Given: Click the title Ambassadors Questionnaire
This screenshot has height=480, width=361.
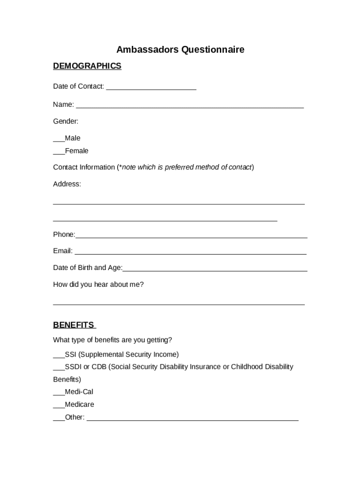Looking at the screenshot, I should pyautogui.click(x=180, y=50).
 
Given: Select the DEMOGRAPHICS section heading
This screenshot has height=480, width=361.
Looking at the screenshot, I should pyautogui.click(x=87, y=66).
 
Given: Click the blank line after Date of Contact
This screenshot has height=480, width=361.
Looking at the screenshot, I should pyautogui.click(x=151, y=87).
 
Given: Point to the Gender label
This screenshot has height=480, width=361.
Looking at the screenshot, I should pyautogui.click(x=66, y=121).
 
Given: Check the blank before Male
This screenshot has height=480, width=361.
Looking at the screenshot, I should pyautogui.click(x=59, y=139).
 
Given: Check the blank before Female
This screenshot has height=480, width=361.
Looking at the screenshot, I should pyautogui.click(x=59, y=151).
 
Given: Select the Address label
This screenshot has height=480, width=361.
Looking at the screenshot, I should pyautogui.click(x=67, y=184).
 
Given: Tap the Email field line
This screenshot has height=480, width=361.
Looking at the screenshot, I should pyautogui.click(x=190, y=252).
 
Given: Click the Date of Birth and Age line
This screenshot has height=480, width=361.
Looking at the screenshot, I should pyautogui.click(x=215, y=269).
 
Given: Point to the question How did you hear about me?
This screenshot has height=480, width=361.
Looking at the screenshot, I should pyautogui.click(x=98, y=285).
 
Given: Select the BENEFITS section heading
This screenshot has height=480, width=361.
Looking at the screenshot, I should pyautogui.click(x=74, y=325).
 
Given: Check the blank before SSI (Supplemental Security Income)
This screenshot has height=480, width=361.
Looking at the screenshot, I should pyautogui.click(x=59, y=355).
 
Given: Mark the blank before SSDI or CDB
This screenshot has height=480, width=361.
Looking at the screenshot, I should pyautogui.click(x=59, y=367).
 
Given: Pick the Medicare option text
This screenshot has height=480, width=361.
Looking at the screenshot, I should pyautogui.click(x=79, y=405).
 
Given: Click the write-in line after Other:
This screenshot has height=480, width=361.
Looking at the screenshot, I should pyautogui.click(x=192, y=419).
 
